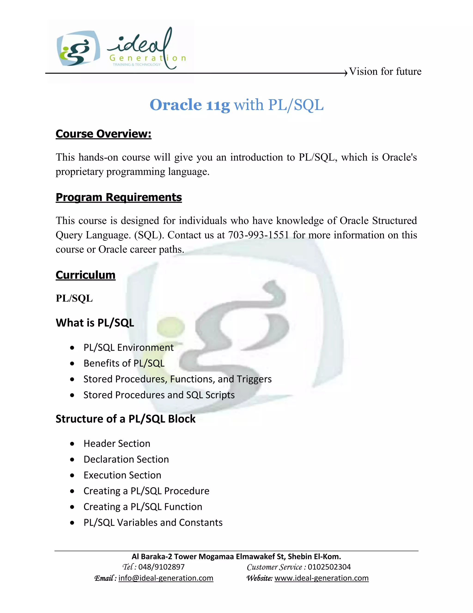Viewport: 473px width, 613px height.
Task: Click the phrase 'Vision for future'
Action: (x=385, y=71)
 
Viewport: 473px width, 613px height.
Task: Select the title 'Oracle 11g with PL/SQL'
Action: (x=236, y=105)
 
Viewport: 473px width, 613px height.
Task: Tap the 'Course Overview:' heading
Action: (x=103, y=134)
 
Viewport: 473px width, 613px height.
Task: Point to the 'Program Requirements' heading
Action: (x=118, y=197)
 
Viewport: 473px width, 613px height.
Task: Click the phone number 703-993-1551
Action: (x=258, y=235)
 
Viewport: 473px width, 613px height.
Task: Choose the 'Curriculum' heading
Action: (x=85, y=275)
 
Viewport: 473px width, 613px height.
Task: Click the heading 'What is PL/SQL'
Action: (x=95, y=323)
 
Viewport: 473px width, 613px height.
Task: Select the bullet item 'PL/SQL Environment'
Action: (x=128, y=347)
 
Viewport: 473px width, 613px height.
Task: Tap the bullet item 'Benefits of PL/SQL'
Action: (x=124, y=363)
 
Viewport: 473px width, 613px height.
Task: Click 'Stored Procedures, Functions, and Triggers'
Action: (x=177, y=379)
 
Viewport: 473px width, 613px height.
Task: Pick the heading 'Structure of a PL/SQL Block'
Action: (x=125, y=419)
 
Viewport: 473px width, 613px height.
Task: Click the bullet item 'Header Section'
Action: (x=117, y=443)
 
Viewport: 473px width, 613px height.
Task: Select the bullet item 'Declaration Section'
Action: (x=126, y=459)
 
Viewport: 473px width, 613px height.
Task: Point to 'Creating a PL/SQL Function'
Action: (x=143, y=507)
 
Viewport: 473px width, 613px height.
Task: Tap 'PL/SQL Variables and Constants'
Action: (x=153, y=522)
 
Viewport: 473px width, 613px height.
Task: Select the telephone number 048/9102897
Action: (x=161, y=567)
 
